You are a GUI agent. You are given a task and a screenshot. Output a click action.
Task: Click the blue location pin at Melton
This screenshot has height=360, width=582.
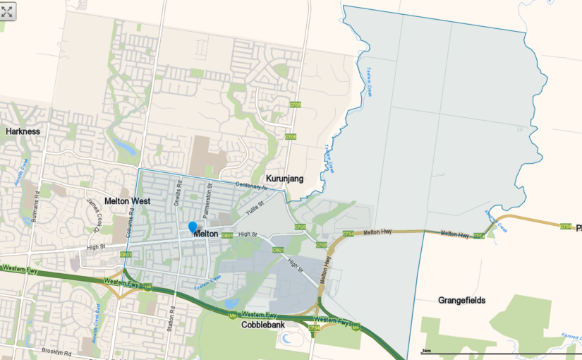point(193,227)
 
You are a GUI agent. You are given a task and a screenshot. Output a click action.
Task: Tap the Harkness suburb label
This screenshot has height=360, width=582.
point(23,131)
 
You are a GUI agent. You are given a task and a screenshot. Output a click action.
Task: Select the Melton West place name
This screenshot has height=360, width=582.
point(128,201)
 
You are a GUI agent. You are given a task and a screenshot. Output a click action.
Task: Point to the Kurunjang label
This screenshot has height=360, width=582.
point(284,179)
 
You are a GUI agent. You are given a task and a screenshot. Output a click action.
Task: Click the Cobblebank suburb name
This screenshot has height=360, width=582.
point(263,325)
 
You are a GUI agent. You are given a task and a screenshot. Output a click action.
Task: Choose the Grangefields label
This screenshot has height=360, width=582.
point(461,300)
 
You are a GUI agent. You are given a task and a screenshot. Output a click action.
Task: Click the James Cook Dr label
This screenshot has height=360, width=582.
point(94,215)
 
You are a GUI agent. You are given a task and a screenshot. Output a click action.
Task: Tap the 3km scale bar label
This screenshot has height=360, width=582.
point(426,351)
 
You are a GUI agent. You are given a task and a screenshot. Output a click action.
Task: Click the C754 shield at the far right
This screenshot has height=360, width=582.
point(566,227)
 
